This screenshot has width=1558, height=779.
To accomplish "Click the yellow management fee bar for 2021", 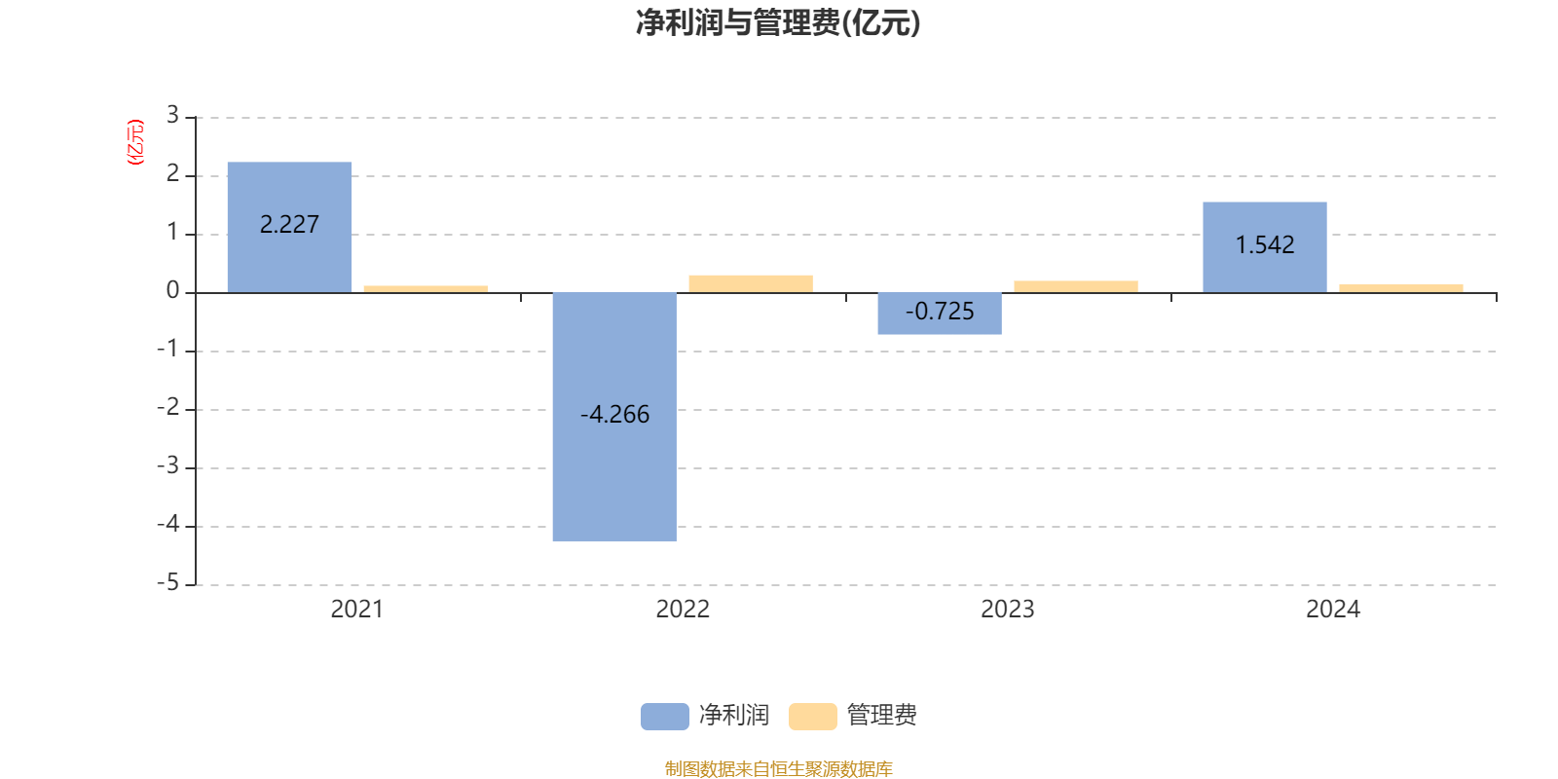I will (425, 288).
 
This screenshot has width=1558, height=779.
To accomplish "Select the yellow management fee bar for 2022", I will (750, 283).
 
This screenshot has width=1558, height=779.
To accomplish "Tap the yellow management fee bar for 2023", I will (1075, 286).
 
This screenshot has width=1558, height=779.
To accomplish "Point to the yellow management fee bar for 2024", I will (1400, 288).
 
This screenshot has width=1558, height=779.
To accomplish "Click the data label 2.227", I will (289, 225).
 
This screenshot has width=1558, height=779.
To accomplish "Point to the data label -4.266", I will (614, 415).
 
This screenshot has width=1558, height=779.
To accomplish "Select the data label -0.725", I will (940, 312).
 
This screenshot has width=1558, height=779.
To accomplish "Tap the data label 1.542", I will (1265, 245).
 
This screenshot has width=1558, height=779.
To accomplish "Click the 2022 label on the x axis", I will (682, 610).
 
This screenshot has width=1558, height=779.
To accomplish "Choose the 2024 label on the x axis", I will (1332, 610).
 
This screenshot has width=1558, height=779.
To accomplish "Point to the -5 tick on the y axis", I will (168, 583).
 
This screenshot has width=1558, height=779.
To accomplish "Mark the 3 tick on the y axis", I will (172, 116).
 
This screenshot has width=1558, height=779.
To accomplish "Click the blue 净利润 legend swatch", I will (664, 717).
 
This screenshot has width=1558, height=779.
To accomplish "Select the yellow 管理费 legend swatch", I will (812, 717).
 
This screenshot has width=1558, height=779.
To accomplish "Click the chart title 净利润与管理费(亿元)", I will (778, 23).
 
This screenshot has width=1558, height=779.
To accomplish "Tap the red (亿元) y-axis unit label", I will (135, 142).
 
